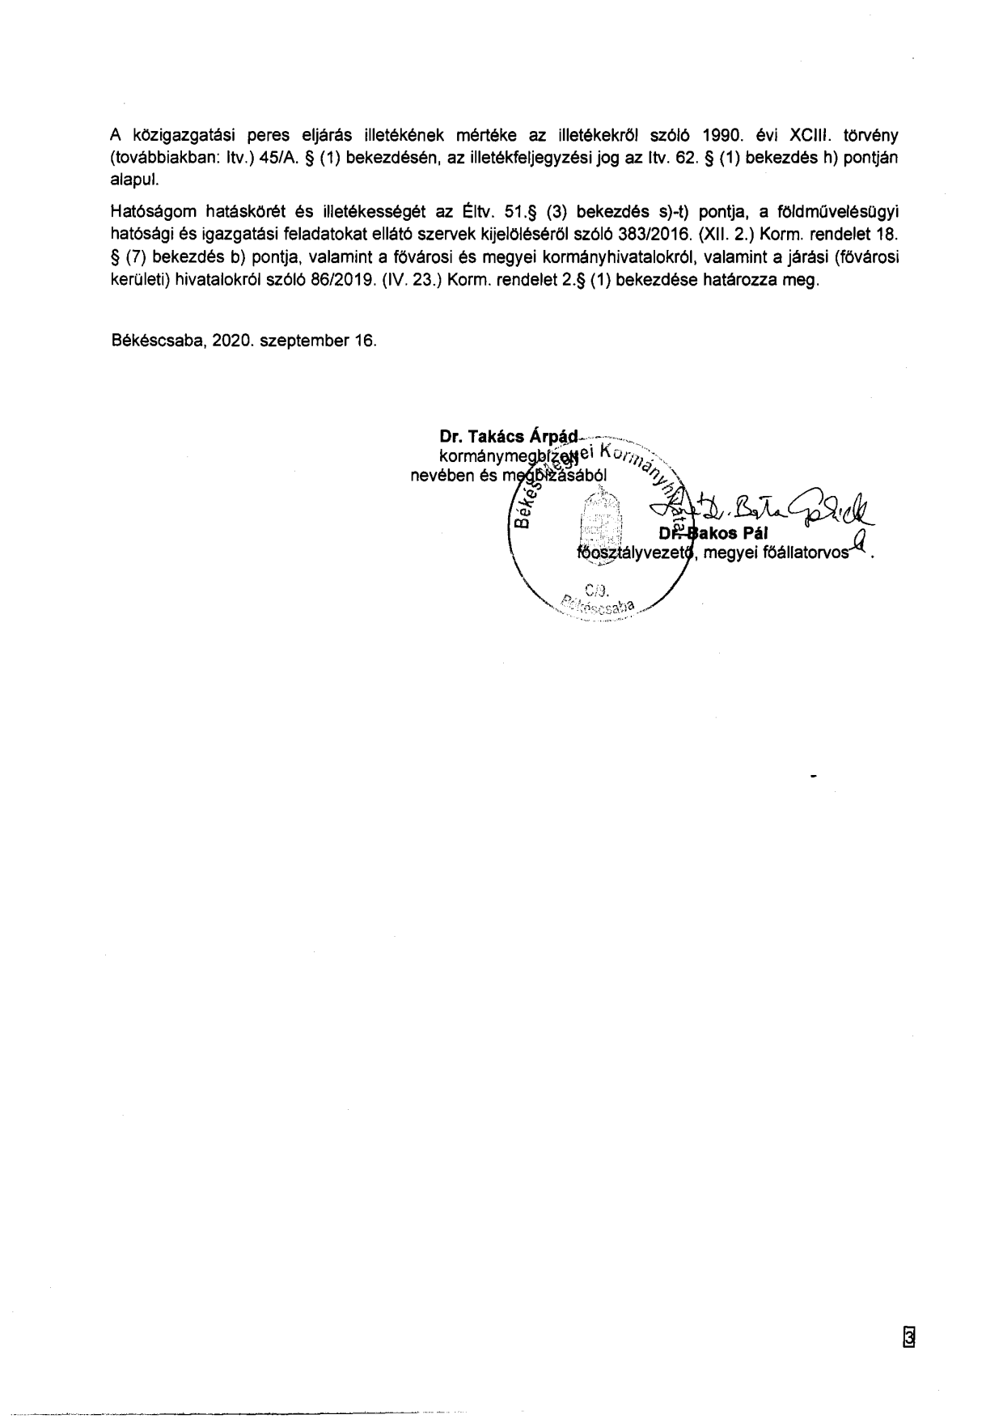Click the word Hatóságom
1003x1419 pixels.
click(x=151, y=213)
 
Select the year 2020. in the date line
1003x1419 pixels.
click(x=234, y=341)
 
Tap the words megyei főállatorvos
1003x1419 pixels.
click(x=777, y=553)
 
